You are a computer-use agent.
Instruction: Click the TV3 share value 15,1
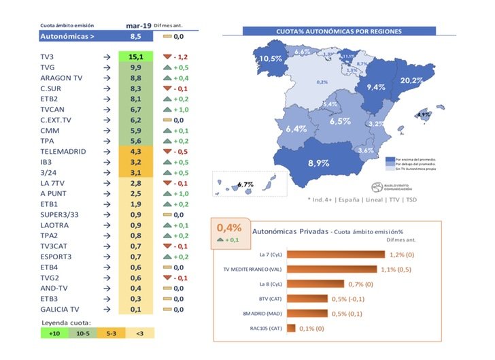[135, 57]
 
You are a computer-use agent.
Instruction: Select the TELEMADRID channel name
[63, 151]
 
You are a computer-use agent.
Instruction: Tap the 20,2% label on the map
[412, 80]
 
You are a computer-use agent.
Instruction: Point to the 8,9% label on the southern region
[318, 163]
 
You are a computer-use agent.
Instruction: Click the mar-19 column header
[139, 26]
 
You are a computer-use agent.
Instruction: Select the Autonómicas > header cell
[68, 36]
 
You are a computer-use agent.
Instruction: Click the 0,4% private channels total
[229, 228]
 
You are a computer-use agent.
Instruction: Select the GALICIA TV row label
[60, 309]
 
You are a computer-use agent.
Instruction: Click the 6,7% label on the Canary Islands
[246, 184]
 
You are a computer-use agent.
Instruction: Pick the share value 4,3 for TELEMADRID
[135, 151]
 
